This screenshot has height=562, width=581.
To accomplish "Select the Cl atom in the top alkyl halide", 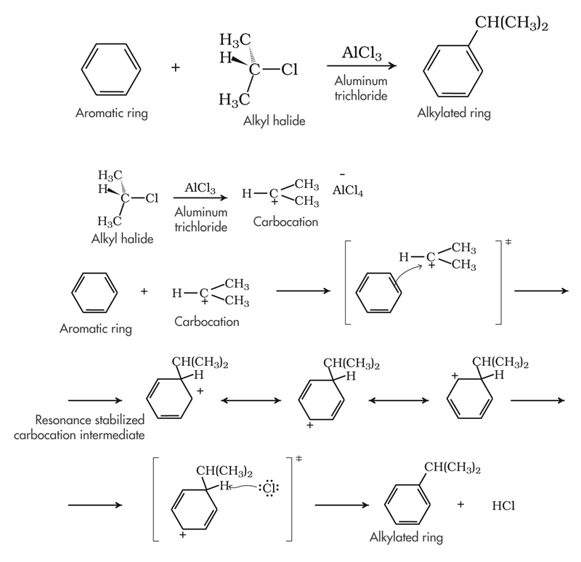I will coord(289,70).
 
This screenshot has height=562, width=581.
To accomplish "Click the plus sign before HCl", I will coord(462,503).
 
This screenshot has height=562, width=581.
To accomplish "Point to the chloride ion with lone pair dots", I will coord(267,487).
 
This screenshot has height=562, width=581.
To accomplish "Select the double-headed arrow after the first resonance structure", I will coord(250,400).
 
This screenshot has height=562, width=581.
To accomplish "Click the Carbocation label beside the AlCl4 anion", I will coord(285,221).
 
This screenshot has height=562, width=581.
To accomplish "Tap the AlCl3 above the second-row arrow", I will coord(200,188).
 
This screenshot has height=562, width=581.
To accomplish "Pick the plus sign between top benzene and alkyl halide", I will coord(175,68).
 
